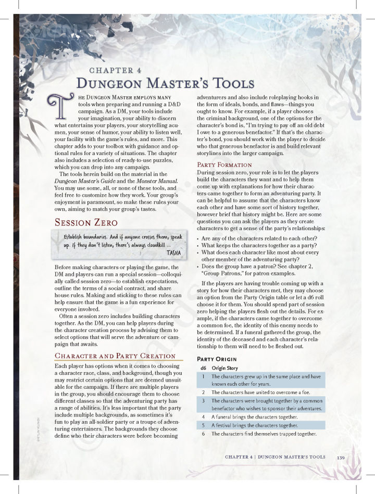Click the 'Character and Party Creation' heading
(115, 356)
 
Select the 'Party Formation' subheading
(224, 164)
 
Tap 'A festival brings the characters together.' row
(255, 425)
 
